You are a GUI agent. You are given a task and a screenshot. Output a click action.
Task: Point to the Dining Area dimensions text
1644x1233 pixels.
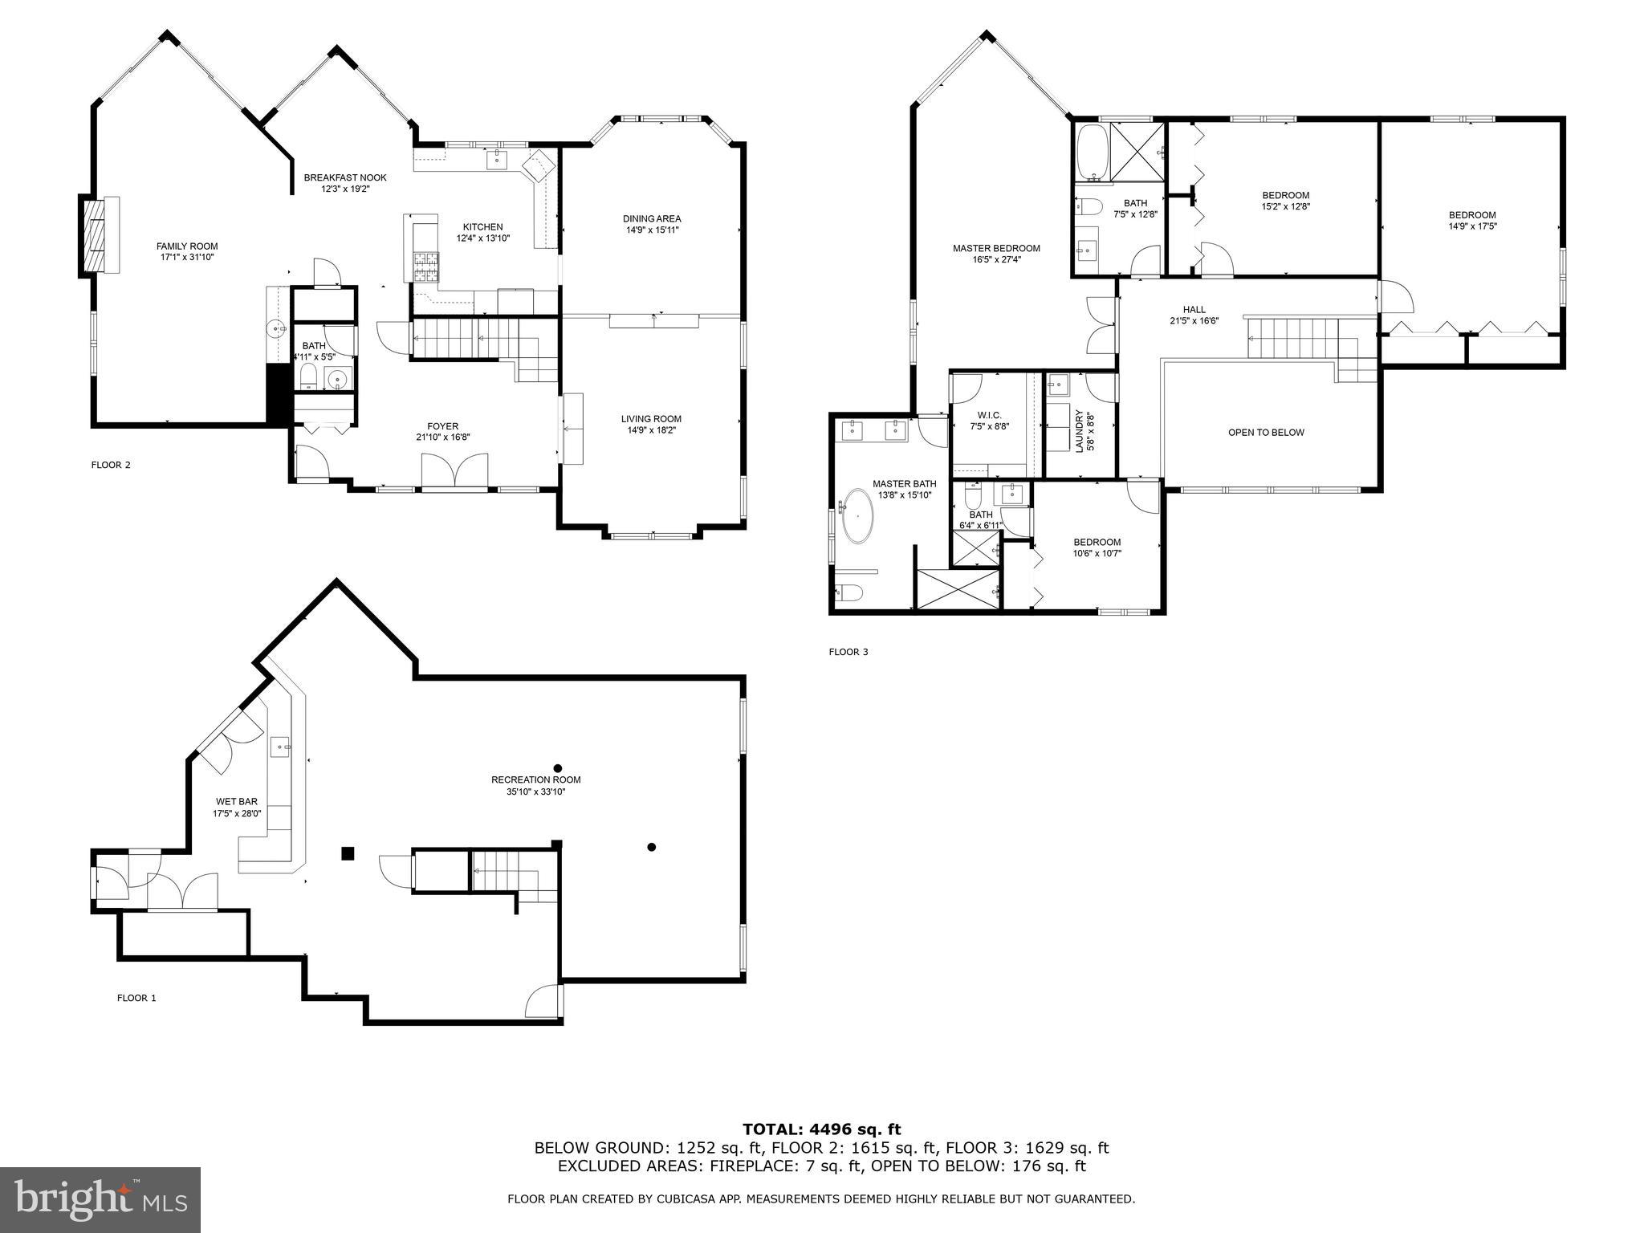[x=653, y=230]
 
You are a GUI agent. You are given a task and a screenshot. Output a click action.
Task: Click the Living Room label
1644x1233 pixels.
[x=651, y=419]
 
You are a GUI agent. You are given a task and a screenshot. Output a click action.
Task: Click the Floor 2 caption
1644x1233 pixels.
[x=111, y=465]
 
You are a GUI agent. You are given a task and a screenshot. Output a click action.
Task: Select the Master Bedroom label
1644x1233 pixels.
[x=996, y=249]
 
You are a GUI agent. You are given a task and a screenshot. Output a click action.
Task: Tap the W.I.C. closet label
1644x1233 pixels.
[x=989, y=415]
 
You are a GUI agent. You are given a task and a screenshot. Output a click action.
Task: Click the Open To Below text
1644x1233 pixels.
[x=1266, y=433]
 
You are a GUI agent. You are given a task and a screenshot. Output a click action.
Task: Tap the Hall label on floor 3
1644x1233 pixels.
[x=1194, y=310]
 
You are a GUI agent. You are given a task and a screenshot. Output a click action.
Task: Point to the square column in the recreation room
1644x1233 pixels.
[x=348, y=853]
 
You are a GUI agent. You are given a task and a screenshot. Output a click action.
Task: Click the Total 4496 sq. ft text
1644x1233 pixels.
[x=821, y=1129]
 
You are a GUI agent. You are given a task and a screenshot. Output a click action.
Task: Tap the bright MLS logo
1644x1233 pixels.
[x=100, y=1200]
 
